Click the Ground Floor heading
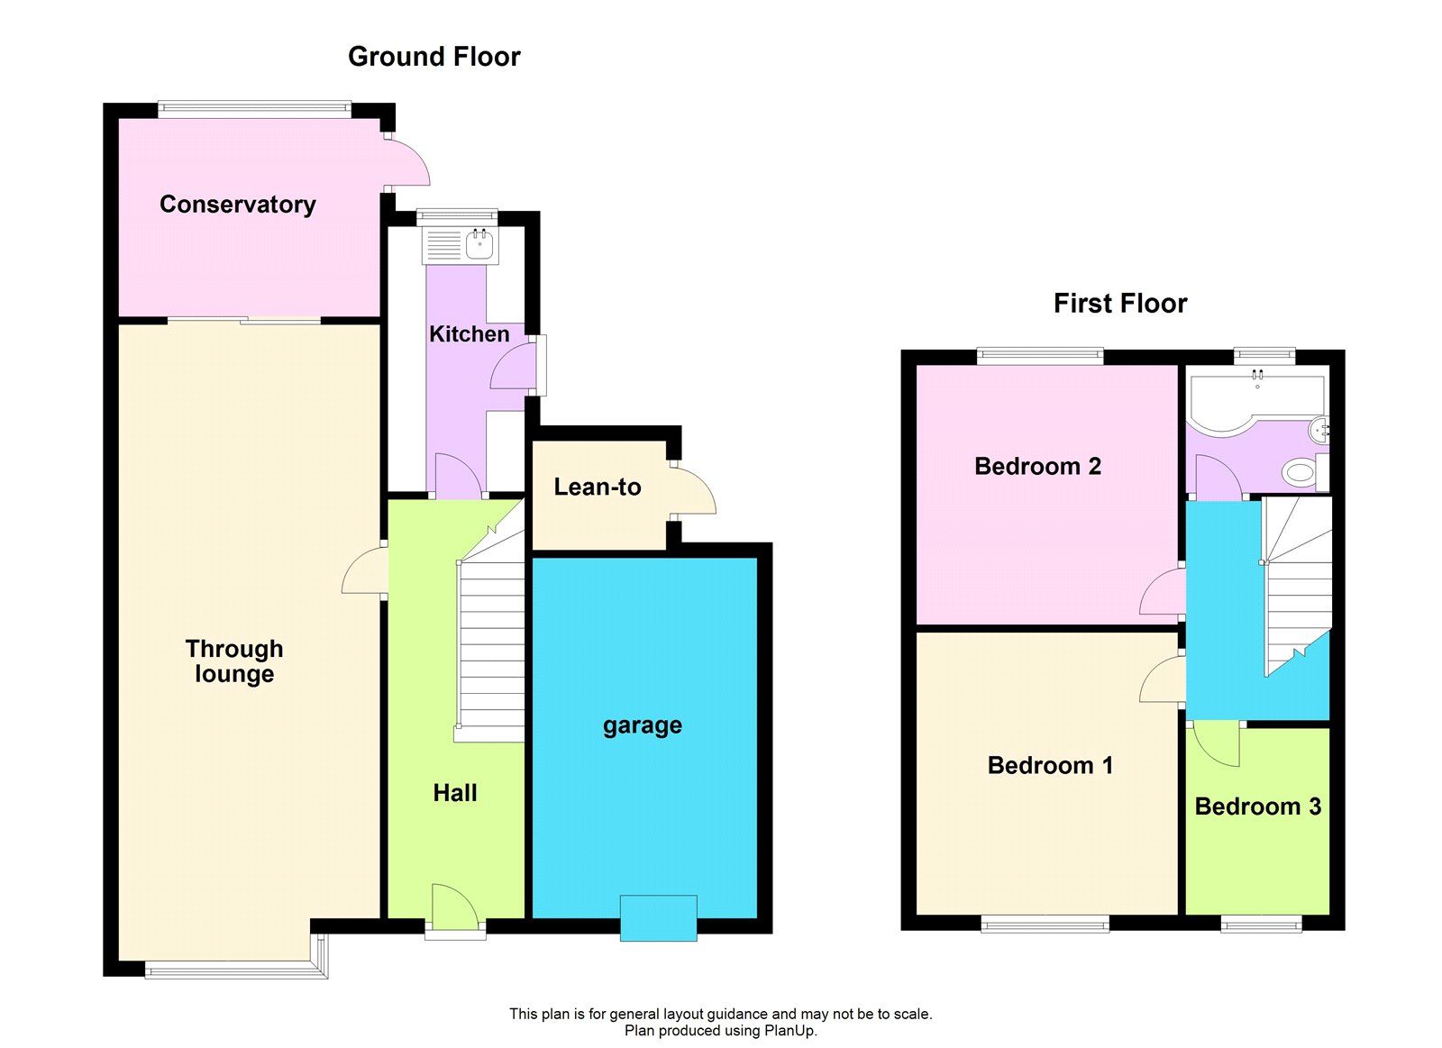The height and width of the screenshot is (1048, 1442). tap(434, 57)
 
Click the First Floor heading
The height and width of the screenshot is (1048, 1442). tap(1119, 304)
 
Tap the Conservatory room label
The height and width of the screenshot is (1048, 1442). tap(237, 205)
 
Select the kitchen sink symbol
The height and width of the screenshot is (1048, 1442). tap(479, 243)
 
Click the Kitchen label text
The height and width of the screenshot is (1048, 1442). tap(469, 334)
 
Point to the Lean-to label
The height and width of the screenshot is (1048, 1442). tap(597, 488)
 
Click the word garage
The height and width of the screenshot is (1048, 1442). tap(642, 725)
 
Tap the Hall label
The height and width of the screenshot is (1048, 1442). tap(454, 793)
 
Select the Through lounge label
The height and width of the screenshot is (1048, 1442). tap(233, 661)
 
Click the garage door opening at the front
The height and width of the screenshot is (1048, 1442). tap(658, 918)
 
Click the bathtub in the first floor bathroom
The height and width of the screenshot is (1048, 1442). tap(1253, 397)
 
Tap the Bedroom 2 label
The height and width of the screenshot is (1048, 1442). tap(1037, 467)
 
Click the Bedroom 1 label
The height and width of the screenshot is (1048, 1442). tap(1050, 766)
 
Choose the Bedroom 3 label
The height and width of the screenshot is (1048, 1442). tap(1257, 807)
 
